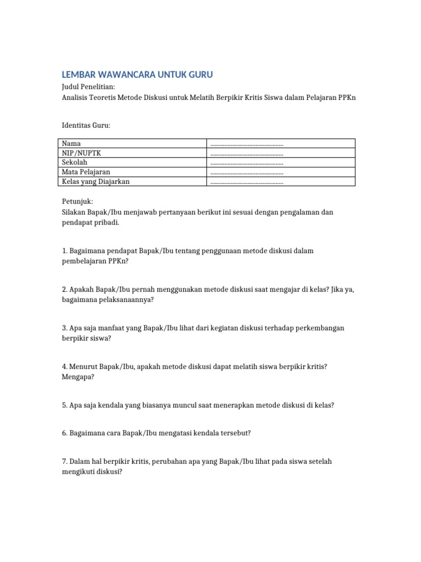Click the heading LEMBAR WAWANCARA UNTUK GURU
pyautogui.click(x=137, y=75)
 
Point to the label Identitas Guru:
pyautogui.click(x=86, y=126)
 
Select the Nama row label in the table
pyautogui.click(x=71, y=143)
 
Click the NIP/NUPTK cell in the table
pyautogui.click(x=81, y=153)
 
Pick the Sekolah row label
pyautogui.click(x=75, y=162)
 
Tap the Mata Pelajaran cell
pyautogui.click(x=86, y=172)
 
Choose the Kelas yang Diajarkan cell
pyautogui.click(x=96, y=182)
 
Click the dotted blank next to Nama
pyautogui.click(x=247, y=144)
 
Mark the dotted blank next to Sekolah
pyautogui.click(x=247, y=163)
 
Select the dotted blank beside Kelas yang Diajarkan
pyautogui.click(x=247, y=182)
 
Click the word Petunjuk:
pyautogui.click(x=78, y=202)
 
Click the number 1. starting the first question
pyautogui.click(x=65, y=251)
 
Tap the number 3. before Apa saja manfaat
pyautogui.click(x=65, y=328)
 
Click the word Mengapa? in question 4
pyautogui.click(x=78, y=377)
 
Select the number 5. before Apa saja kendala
pyautogui.click(x=65, y=405)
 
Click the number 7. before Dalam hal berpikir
pyautogui.click(x=65, y=461)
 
